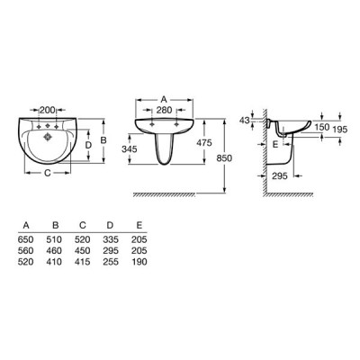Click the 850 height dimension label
click(224, 157)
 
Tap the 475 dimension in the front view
click(204, 142)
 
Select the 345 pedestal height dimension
click(130, 148)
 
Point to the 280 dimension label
click(165, 110)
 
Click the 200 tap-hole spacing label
click(48, 110)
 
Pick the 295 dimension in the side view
click(280, 175)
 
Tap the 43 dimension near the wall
click(245, 121)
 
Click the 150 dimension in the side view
click(322, 127)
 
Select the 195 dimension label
click(340, 130)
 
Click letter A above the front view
click(164, 99)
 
